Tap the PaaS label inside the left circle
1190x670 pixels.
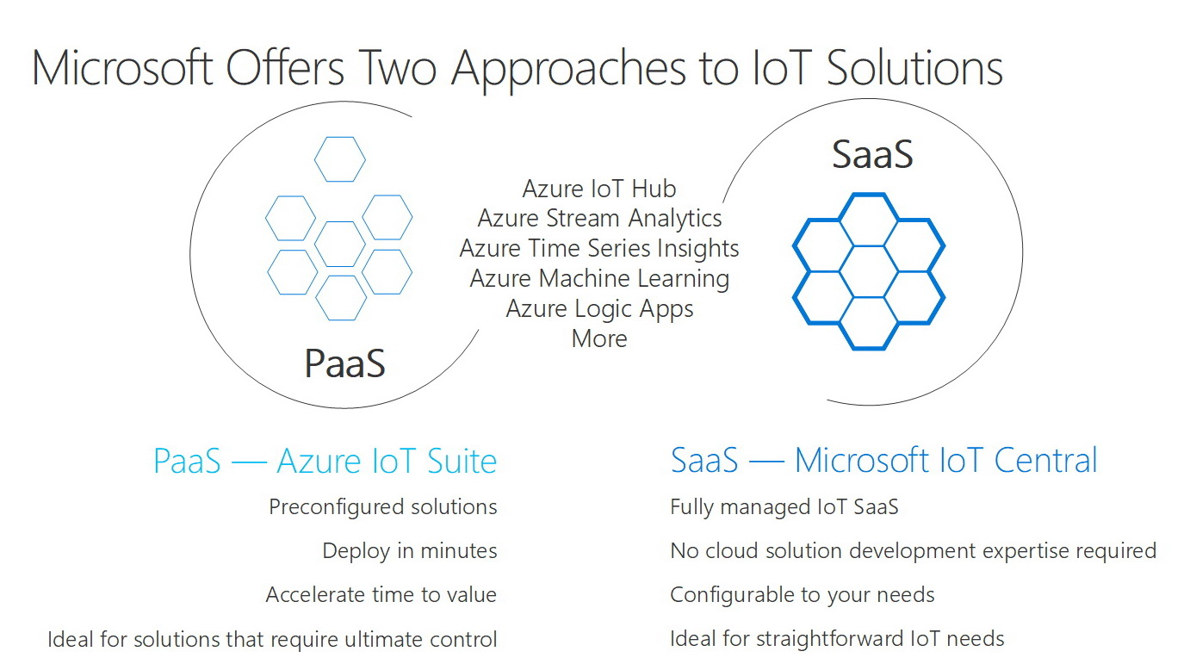tap(344, 363)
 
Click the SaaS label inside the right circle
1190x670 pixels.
tap(872, 155)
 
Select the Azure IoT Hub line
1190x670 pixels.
tap(599, 189)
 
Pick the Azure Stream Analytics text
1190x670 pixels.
tap(599, 219)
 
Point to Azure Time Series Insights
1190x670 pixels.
tap(599, 249)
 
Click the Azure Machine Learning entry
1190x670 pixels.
tap(599, 279)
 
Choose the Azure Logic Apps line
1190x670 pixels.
tap(599, 308)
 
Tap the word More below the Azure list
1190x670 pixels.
tap(599, 338)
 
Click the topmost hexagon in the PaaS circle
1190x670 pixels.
tap(340, 159)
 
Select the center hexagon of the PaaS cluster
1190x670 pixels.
tap(340, 244)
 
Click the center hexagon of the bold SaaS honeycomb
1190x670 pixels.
tap(869, 270)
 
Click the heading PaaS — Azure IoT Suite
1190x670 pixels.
tap(325, 461)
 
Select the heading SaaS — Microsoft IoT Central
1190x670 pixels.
tap(884, 461)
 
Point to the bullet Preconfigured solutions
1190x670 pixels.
tap(383, 507)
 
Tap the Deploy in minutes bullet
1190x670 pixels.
tap(410, 551)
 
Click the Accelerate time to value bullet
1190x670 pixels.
tap(381, 595)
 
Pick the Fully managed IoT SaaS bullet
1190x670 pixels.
tap(784, 507)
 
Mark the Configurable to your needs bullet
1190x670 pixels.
tap(802, 595)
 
